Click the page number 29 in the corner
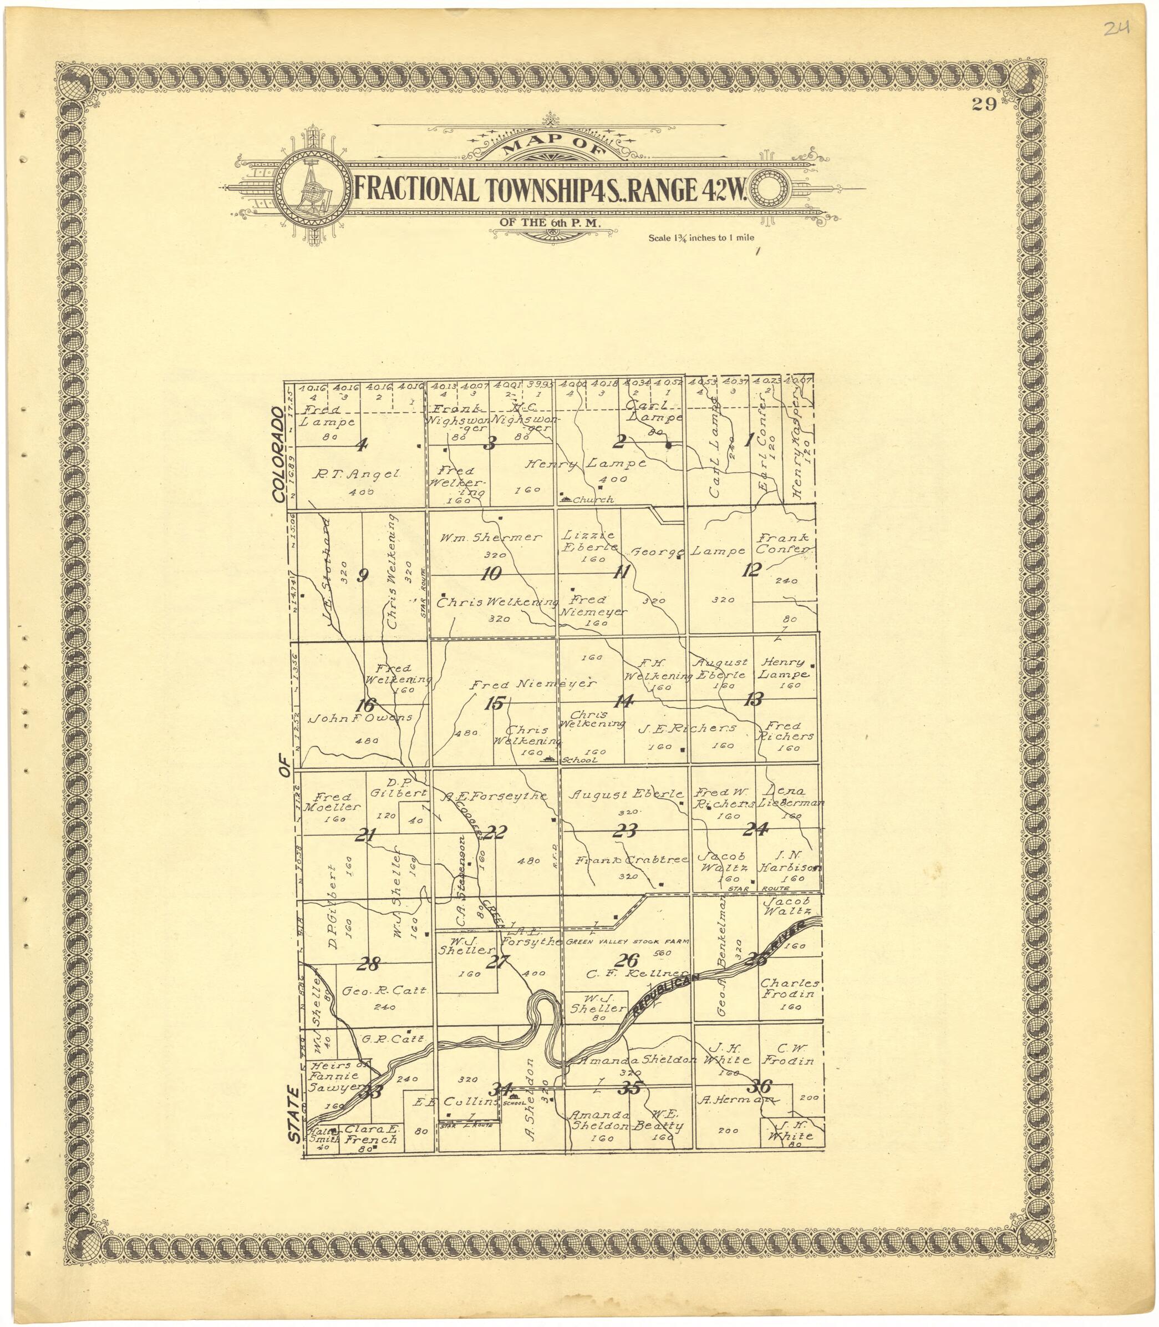983,105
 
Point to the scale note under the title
701,237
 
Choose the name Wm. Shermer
490,537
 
